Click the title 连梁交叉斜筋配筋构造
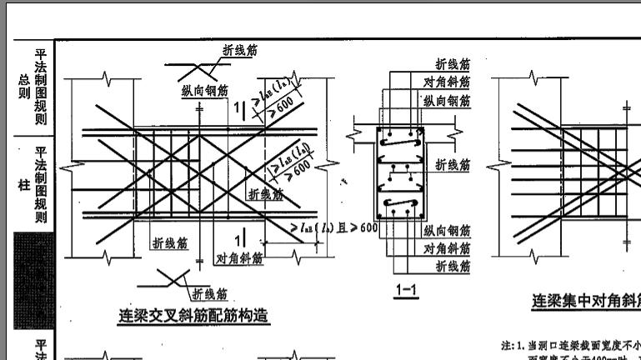tap(194, 317)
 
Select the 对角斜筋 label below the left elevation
tap(239, 258)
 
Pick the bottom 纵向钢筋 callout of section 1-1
tap(447, 231)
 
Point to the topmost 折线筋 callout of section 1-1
tap(453, 64)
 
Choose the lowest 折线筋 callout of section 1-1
tap(453, 267)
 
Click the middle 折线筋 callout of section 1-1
tap(453, 165)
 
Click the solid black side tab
tap(34, 281)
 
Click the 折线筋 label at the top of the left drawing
tap(239, 51)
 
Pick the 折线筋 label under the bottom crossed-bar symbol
tap(209, 293)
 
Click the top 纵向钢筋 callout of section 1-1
tap(447, 101)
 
